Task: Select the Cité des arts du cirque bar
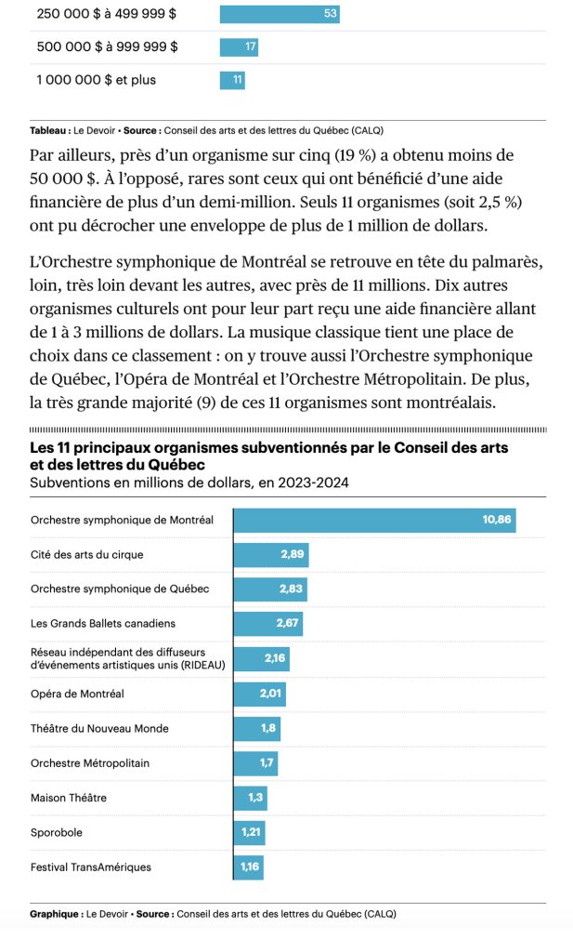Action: pos(270,555)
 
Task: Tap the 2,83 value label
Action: pos(292,589)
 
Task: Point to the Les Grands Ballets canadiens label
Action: pos(103,623)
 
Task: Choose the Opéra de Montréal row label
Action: pos(77,694)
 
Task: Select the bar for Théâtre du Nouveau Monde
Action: pos(256,728)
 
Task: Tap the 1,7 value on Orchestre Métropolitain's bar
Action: pos(267,763)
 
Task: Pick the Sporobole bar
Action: pos(250,832)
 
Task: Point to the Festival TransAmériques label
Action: pos(91,867)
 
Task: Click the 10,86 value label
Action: pos(497,521)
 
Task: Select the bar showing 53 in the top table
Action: pos(279,14)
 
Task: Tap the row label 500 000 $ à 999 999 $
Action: pos(107,46)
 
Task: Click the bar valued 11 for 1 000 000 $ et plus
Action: pos(232,80)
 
